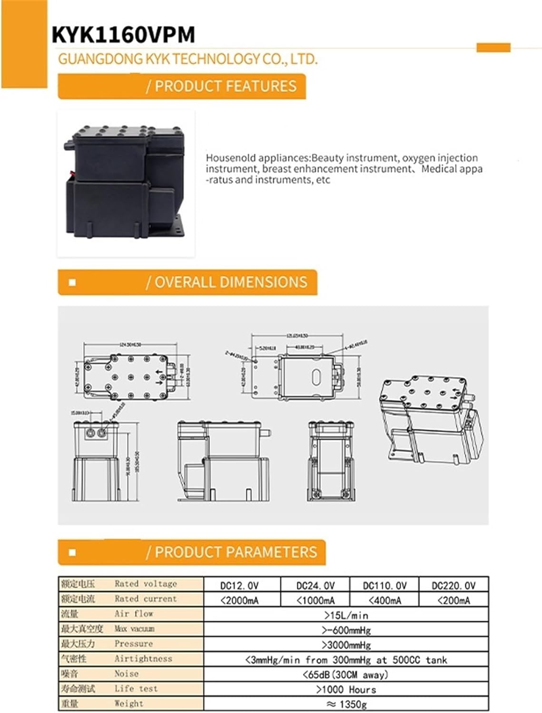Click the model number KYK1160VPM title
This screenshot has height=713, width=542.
click(123, 35)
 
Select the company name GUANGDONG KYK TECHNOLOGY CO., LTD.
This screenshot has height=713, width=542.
click(187, 59)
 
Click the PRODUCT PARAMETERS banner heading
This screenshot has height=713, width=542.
click(235, 552)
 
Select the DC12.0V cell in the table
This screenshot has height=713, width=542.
click(242, 585)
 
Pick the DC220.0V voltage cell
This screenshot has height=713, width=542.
click(453, 585)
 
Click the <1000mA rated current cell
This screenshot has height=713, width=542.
click(315, 600)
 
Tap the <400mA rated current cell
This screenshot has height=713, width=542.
click(384, 600)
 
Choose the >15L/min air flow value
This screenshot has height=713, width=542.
click(346, 615)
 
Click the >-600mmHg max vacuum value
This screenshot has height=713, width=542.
click(346, 630)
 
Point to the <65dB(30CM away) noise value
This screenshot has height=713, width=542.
click(346, 674)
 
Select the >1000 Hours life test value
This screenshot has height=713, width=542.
click(346, 689)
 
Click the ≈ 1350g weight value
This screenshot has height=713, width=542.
click(346, 704)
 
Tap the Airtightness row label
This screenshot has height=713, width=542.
click(143, 659)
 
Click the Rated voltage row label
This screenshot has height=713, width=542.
click(145, 584)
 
